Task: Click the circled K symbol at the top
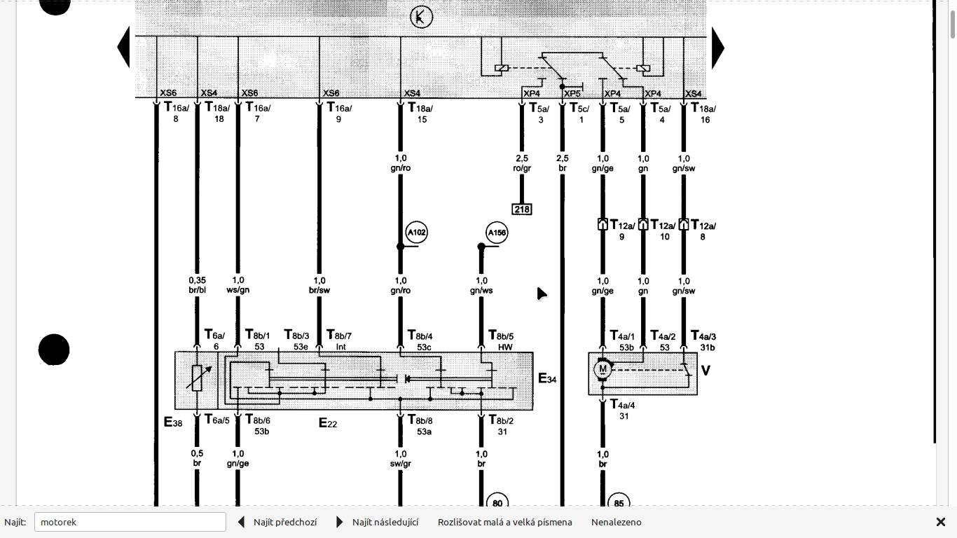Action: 421,18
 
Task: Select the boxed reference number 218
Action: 522,209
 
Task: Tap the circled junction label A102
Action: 416,233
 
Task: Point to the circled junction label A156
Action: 497,233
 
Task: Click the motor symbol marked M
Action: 603,369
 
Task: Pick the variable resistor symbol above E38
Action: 197,377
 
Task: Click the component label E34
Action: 547,379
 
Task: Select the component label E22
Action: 328,422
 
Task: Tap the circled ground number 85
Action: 619,503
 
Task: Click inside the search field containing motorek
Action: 130,522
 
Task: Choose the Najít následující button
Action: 378,522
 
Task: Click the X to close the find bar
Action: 941,522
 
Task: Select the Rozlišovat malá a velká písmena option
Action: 504,522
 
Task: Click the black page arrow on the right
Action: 718,48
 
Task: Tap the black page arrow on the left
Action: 124,48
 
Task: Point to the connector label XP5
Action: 572,93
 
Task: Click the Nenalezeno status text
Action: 616,522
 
